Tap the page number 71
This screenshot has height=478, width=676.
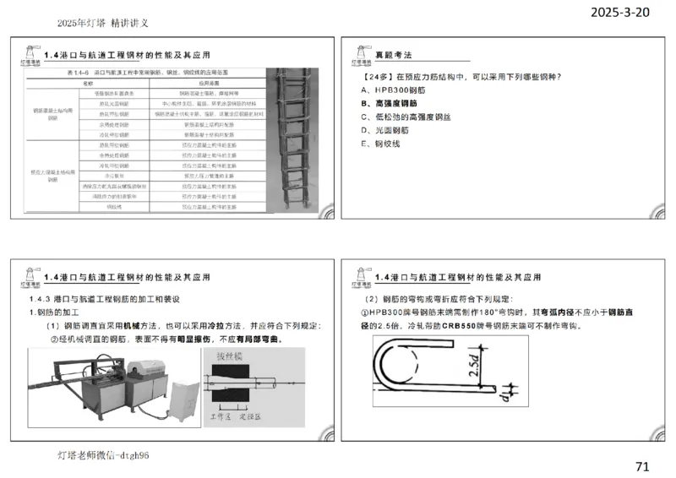642,466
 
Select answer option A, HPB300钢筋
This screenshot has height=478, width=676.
396,90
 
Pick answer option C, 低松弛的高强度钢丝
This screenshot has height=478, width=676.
413,117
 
